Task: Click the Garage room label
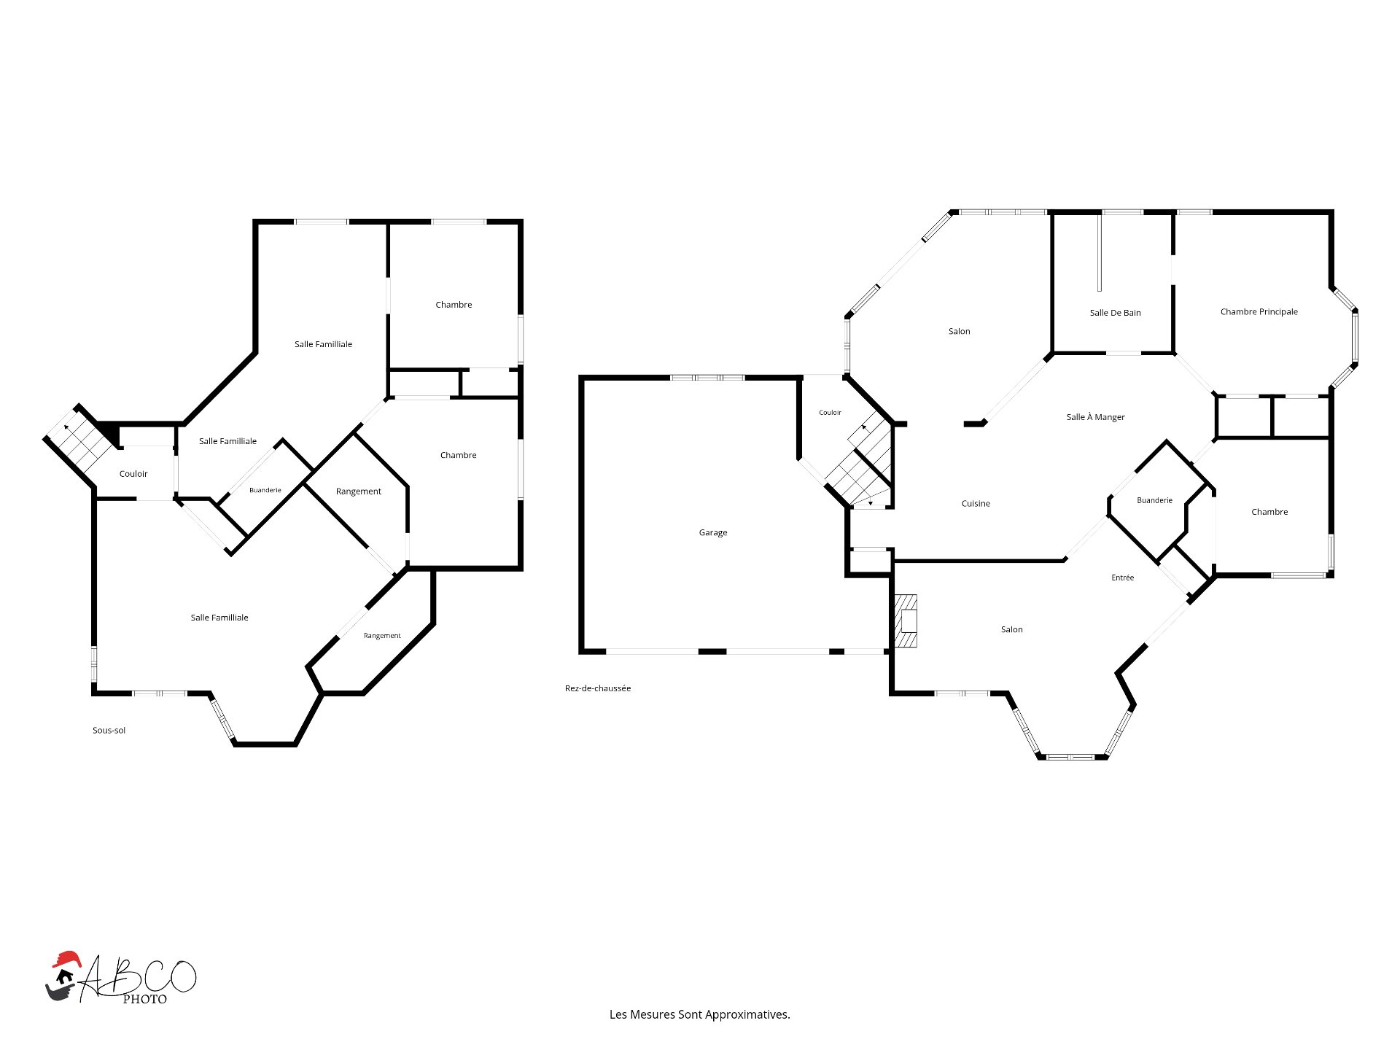(x=713, y=533)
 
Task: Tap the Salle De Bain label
(x=1115, y=313)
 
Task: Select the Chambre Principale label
(x=1259, y=312)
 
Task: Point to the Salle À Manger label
(x=1095, y=417)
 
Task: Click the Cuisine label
(x=976, y=504)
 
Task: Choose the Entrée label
(x=1123, y=577)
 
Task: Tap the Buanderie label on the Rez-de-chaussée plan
(x=1155, y=500)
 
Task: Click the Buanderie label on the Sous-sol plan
(x=265, y=490)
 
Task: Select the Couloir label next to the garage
(x=830, y=413)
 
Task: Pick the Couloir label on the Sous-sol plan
(x=133, y=474)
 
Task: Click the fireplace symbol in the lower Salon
(x=906, y=621)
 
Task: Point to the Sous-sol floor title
(x=109, y=731)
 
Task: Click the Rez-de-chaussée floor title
(x=598, y=688)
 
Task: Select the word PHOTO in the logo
(x=144, y=999)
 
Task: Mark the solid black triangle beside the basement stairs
(x=109, y=433)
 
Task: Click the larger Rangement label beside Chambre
(x=359, y=491)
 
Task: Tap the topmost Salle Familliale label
(x=323, y=344)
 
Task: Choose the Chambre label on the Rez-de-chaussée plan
(x=1269, y=512)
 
